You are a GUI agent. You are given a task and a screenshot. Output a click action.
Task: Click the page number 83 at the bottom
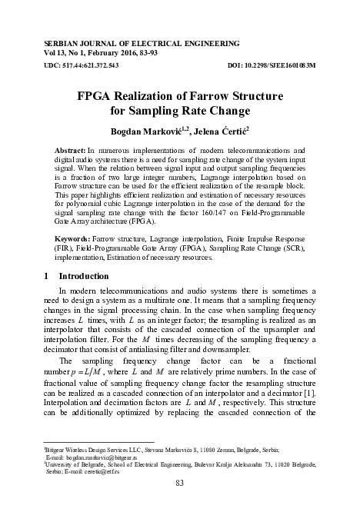(180, 482)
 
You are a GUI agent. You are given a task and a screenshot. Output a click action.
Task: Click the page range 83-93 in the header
(146, 45)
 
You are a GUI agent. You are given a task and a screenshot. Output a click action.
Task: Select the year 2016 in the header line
(115, 45)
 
